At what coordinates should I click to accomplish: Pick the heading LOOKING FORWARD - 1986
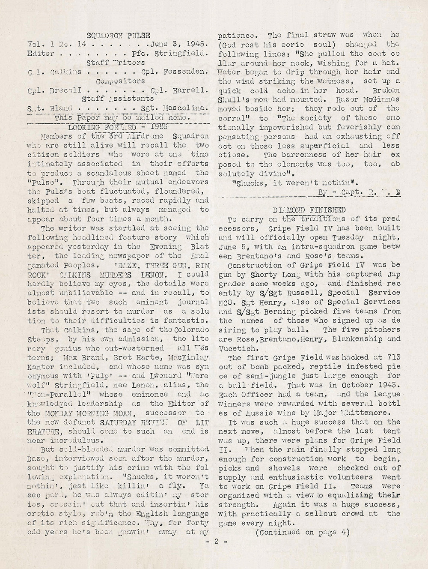click(118, 126)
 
